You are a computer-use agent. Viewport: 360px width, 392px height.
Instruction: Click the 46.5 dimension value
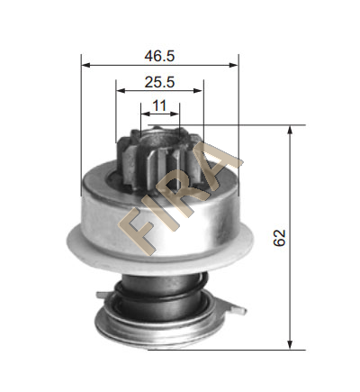point(159,56)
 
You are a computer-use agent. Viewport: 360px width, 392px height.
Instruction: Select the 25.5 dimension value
point(159,82)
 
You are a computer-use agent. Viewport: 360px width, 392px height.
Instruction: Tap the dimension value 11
point(159,105)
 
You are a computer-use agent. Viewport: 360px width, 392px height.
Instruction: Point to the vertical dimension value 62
point(279,238)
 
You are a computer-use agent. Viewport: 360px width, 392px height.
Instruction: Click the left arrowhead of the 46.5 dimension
point(85,65)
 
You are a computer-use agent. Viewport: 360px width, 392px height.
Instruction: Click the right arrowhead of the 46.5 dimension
point(233,65)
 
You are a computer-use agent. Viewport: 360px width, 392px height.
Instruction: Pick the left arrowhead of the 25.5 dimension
point(121,90)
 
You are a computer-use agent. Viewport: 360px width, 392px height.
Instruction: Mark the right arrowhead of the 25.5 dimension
point(199,90)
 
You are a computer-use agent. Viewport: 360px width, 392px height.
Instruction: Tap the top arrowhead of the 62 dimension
point(290,130)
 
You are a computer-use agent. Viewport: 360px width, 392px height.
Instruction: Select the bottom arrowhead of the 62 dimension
point(290,345)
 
